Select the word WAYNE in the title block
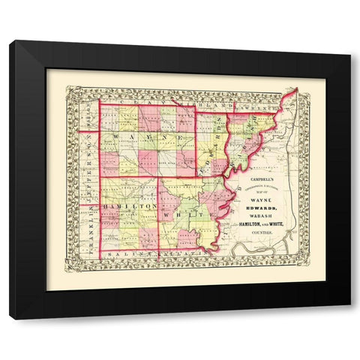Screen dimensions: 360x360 click(262, 200)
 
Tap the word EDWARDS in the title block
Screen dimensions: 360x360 click(262, 211)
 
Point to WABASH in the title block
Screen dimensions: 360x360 click(262, 220)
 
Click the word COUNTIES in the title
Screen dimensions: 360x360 click(262, 240)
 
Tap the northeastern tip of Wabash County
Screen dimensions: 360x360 click(295, 90)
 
